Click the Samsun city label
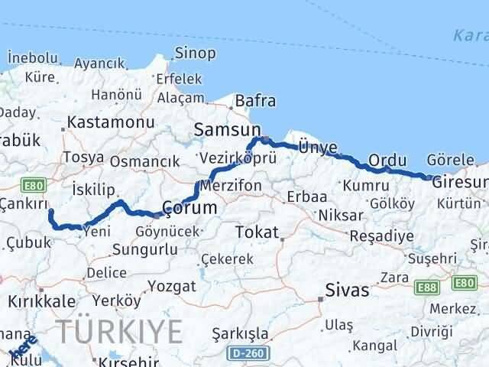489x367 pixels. click(228, 130)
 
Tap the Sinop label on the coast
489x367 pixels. click(196, 53)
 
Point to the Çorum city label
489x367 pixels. click(190, 207)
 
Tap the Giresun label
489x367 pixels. click(458, 183)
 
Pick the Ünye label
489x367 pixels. click(318, 145)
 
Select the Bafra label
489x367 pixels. click(256, 101)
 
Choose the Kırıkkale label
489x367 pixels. click(37, 300)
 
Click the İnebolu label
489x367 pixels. click(32, 57)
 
